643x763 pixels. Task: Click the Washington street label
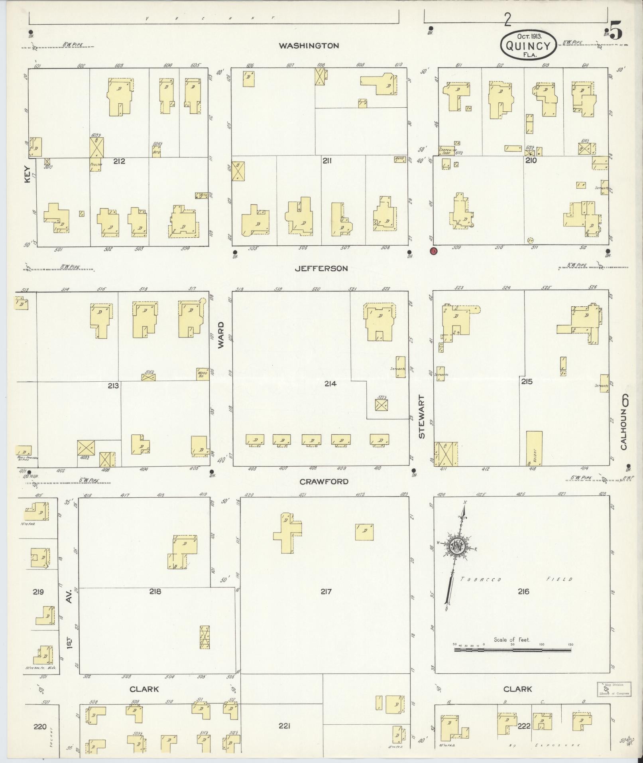point(309,45)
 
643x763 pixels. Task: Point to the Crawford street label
point(324,481)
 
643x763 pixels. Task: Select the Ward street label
point(221,335)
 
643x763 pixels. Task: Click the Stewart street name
point(422,417)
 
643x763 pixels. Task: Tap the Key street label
point(27,174)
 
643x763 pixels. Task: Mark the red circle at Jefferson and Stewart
point(433,251)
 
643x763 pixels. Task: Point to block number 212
point(119,161)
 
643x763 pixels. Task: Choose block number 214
point(330,384)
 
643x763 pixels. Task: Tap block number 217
point(326,591)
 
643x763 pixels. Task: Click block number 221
point(284,726)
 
